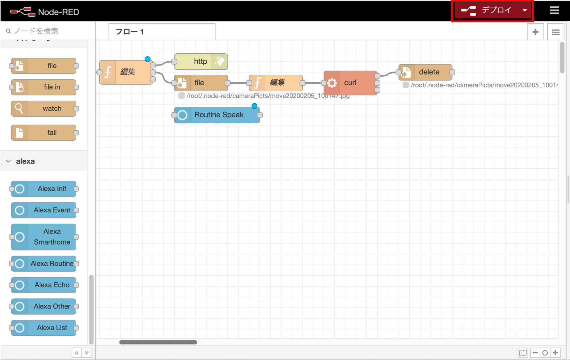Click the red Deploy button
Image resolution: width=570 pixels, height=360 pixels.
[489, 11]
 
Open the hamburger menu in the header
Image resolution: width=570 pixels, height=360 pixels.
[554, 11]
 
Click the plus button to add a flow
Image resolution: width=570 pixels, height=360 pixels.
[536, 32]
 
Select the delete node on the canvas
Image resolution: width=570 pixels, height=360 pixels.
[429, 72]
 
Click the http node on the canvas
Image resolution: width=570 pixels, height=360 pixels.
[200, 61]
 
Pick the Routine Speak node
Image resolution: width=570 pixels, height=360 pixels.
[219, 115]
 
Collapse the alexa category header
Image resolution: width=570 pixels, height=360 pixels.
[9, 161]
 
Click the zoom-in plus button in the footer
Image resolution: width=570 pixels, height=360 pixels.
[555, 353]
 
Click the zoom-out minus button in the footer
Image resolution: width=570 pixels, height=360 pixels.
[535, 353]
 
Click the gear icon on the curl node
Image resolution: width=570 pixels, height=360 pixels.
[332, 83]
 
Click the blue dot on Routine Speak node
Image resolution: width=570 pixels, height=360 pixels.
[254, 106]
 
